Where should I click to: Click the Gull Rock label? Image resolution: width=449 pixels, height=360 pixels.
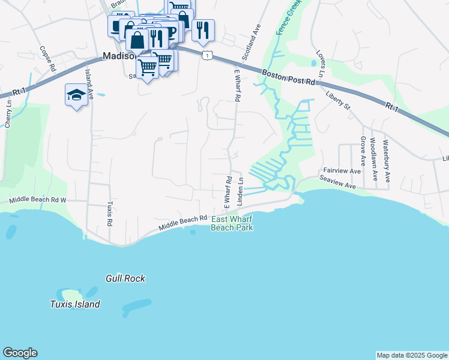[125, 278]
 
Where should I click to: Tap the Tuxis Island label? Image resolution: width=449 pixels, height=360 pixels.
[75, 304]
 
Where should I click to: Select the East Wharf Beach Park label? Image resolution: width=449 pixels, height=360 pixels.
[232, 224]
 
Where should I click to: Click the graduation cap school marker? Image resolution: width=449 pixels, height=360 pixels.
[76, 95]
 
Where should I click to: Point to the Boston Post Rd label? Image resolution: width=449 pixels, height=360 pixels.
[289, 77]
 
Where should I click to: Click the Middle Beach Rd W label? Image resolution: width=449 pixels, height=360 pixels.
[37, 199]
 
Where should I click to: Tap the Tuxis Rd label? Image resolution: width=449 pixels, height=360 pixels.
[110, 214]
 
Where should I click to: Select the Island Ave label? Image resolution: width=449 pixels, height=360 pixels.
[89, 83]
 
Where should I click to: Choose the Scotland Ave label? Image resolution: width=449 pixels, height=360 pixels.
[252, 42]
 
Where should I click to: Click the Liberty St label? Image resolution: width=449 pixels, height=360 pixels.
[337, 100]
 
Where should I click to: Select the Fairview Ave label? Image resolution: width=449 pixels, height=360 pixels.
[342, 170]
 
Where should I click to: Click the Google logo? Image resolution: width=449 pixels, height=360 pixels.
[20, 353]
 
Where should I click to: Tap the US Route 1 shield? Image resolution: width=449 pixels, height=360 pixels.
[206, 55]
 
